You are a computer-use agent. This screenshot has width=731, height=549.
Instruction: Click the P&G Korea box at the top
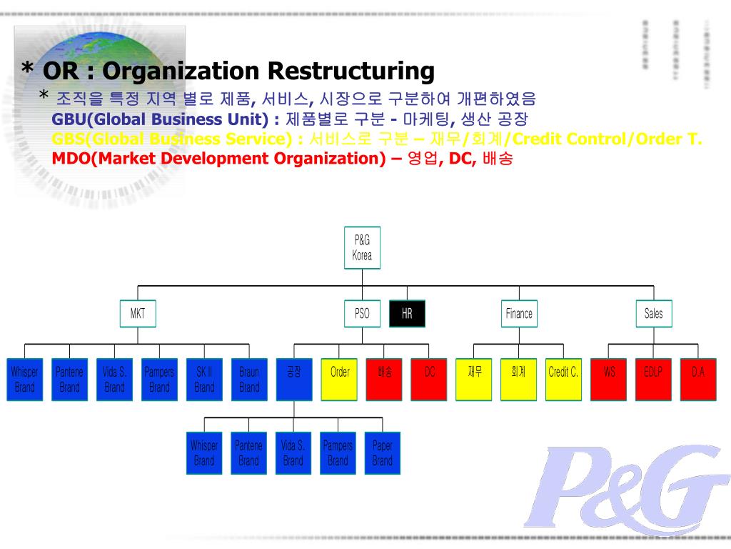[362, 248]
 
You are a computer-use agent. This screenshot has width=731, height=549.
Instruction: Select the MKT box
[137, 313]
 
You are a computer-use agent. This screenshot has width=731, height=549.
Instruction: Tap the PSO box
[362, 313]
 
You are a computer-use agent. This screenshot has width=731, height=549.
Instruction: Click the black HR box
[407, 313]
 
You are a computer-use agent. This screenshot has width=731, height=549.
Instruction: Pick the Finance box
[519, 313]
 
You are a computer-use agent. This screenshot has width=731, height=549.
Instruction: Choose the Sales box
[653, 313]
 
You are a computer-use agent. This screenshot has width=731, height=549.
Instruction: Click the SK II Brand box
[204, 379]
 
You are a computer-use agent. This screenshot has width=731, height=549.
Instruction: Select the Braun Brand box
[249, 379]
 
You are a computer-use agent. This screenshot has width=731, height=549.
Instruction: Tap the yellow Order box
[339, 379]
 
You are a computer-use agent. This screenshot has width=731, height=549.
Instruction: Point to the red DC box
[429, 379]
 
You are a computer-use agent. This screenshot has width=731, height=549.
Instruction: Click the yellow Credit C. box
[563, 379]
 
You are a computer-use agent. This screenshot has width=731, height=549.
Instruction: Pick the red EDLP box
[653, 379]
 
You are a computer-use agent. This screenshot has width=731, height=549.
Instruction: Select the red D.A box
[697, 379]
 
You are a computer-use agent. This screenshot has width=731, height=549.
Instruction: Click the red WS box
[608, 379]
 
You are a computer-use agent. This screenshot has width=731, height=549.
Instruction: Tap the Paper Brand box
[382, 452]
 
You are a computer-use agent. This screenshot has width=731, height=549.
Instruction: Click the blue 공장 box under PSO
[294, 379]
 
